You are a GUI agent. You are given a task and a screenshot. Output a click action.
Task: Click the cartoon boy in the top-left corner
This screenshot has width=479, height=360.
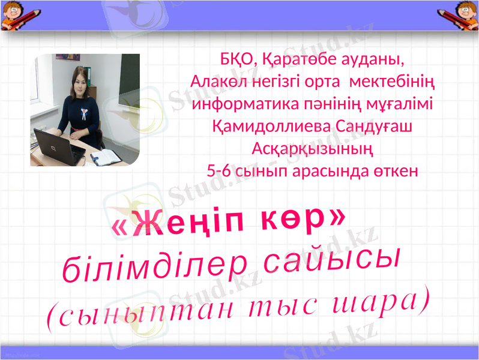15,15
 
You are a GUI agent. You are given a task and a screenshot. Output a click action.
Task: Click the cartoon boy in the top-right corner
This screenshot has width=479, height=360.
464,15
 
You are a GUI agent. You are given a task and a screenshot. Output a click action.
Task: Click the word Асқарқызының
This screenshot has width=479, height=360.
312,148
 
